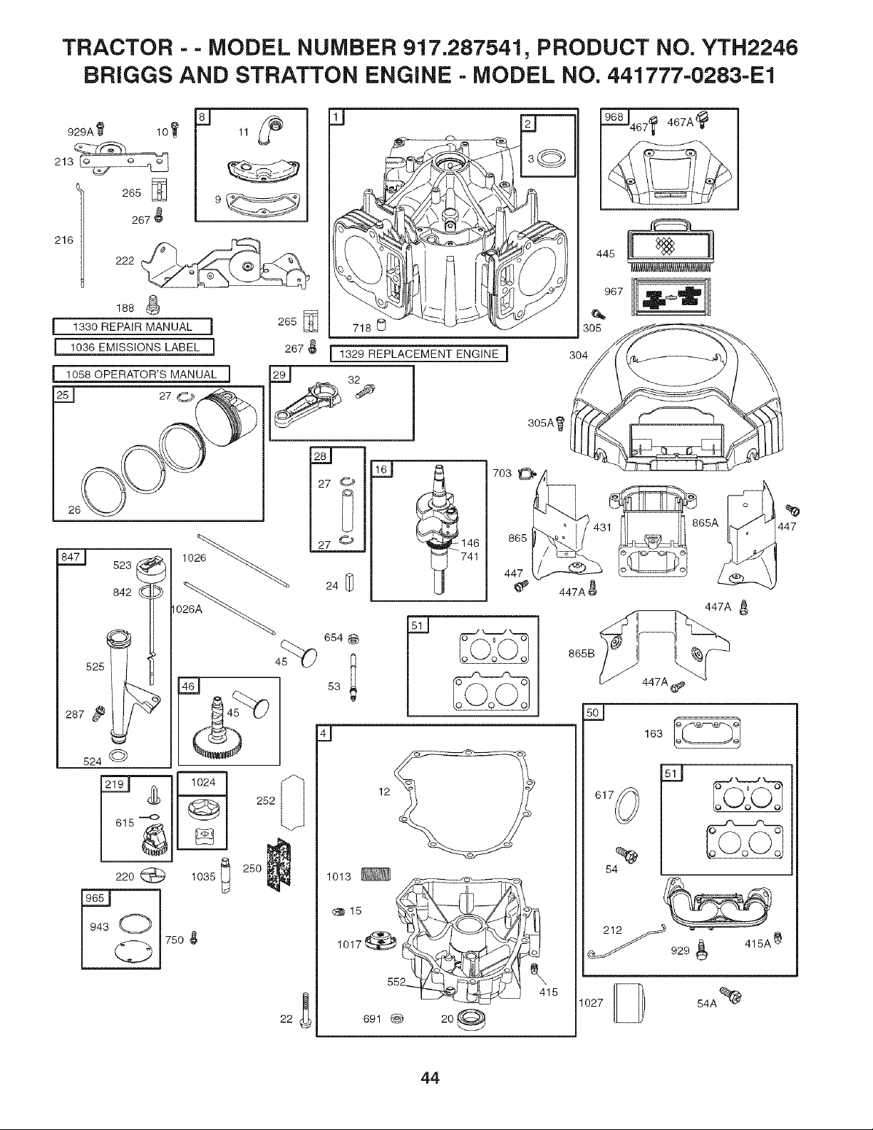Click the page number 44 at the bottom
tap(430, 1077)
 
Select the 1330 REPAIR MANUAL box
tap(133, 327)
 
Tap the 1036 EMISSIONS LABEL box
tap(135, 347)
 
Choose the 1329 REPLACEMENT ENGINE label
tap(419, 354)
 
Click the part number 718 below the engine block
tap(362, 328)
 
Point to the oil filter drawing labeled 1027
tap(629, 1002)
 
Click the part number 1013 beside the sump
tap(339, 876)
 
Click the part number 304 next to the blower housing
tap(579, 355)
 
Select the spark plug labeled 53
tap(353, 677)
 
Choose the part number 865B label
tap(582, 653)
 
